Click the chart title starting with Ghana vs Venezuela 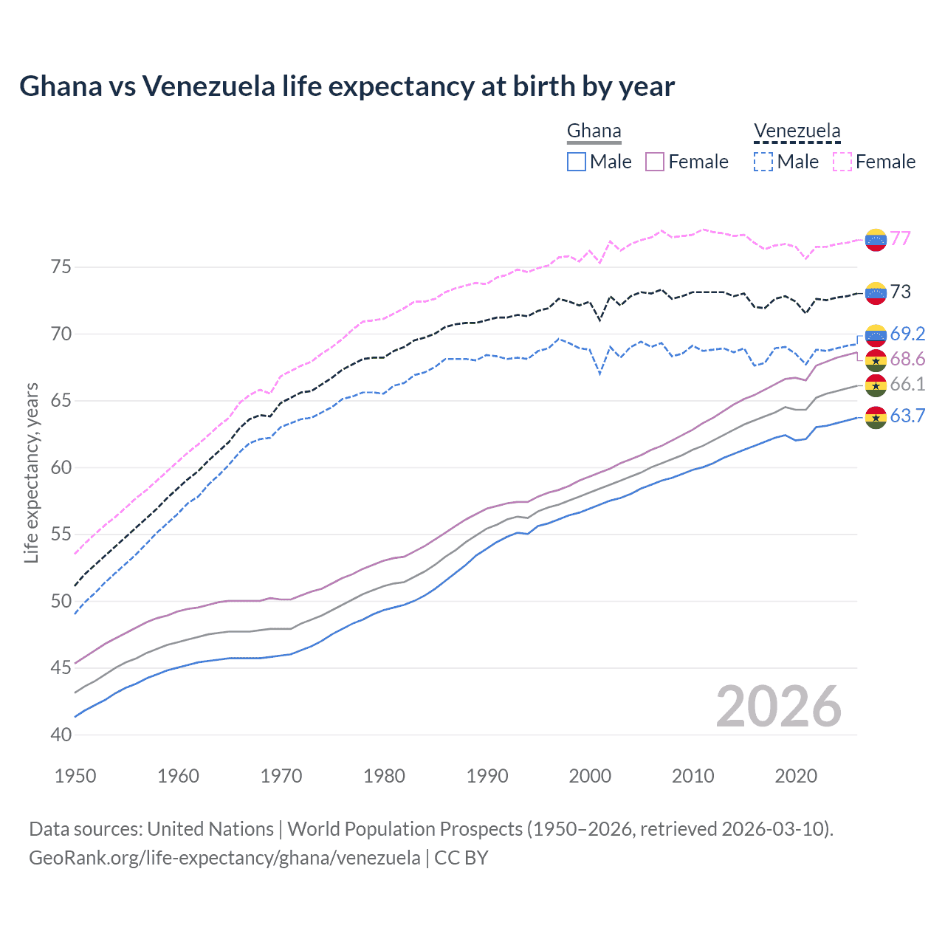347,86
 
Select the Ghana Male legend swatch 577,162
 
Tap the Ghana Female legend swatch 655,162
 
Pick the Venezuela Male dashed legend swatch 763,162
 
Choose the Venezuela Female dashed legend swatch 842,162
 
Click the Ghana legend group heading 594,131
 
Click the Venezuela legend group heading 797,131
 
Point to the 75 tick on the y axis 61,267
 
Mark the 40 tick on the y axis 61,735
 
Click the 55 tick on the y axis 61,534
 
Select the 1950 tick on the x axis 75,776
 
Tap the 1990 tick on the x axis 487,776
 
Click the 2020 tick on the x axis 796,776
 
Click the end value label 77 900,238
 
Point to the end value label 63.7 907,416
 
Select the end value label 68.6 907,360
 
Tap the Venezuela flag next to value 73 876,293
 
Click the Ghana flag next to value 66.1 876,385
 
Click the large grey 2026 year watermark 778,707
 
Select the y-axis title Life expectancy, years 32,472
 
